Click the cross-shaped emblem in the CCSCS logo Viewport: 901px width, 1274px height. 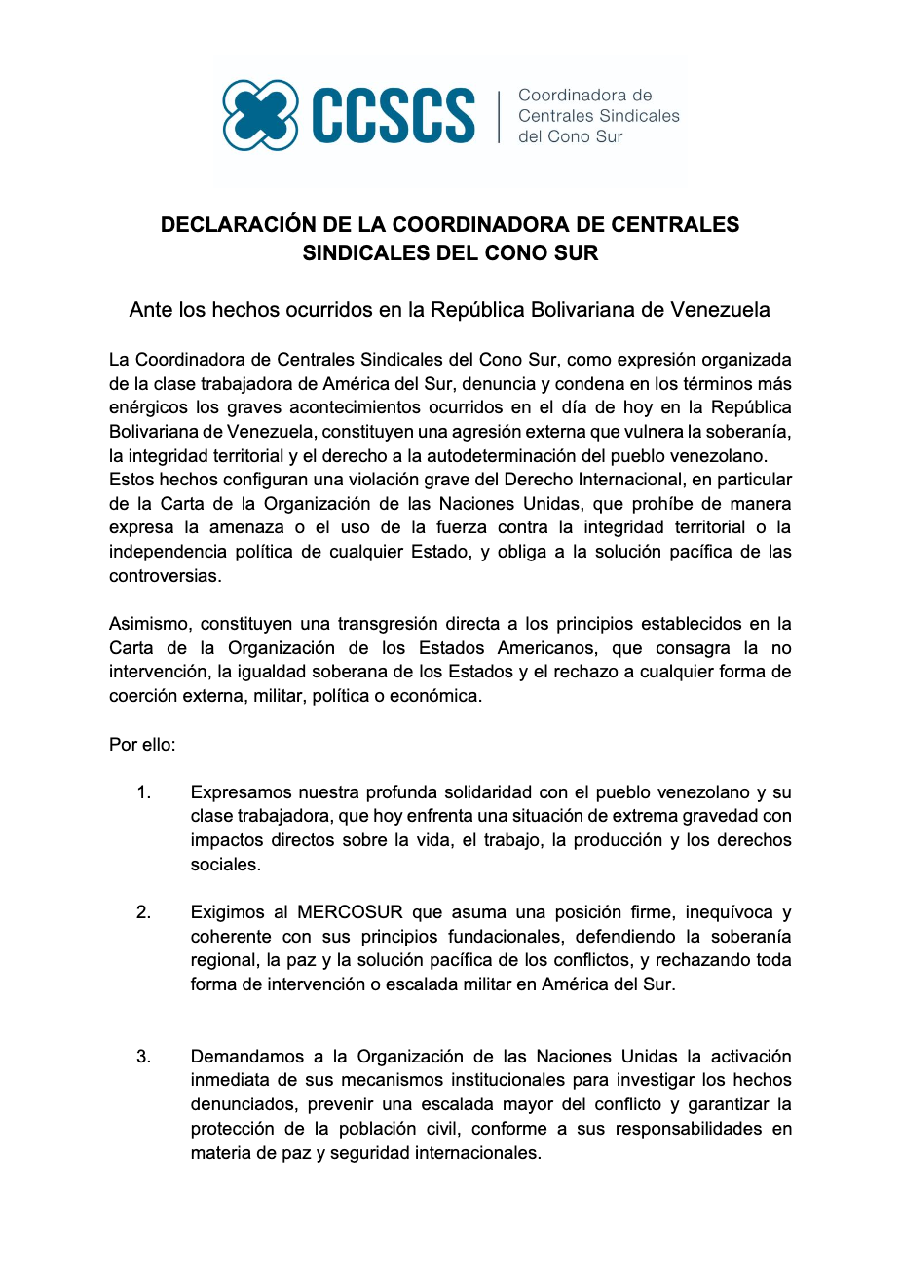click(260, 115)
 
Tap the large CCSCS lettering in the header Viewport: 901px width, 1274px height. click(394, 116)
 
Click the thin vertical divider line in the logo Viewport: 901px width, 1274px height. click(499, 116)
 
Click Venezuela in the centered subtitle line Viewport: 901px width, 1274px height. click(720, 310)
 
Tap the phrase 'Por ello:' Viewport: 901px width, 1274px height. click(142, 744)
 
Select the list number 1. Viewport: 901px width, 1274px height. click(143, 792)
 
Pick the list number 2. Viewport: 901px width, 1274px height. click(143, 912)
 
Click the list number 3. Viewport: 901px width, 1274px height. click(143, 1057)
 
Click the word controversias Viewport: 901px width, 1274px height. click(165, 575)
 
